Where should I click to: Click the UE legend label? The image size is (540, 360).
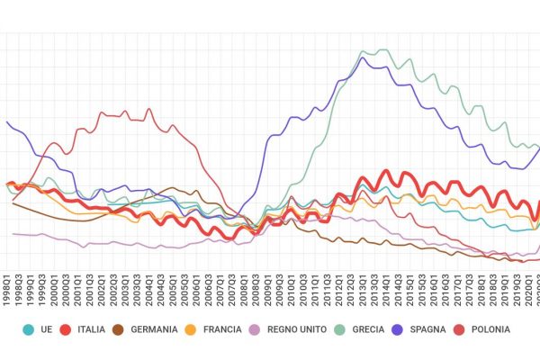(47, 330)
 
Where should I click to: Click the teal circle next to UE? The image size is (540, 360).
(29, 330)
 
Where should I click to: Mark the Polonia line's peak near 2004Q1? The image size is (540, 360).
(148, 109)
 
